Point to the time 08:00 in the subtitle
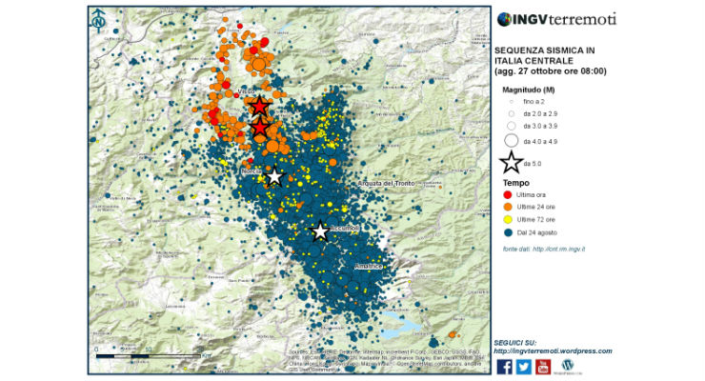click(591, 71)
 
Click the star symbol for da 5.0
click(513, 162)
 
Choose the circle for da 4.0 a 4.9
click(512, 140)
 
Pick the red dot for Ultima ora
click(507, 194)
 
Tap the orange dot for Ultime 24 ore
click(507, 207)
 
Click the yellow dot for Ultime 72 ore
click(507, 219)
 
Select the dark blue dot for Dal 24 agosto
click(507, 231)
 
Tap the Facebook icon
click(504, 366)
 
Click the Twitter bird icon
click(523, 366)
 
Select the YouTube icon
click(543, 366)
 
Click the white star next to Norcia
click(274, 176)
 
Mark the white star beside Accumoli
click(321, 231)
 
